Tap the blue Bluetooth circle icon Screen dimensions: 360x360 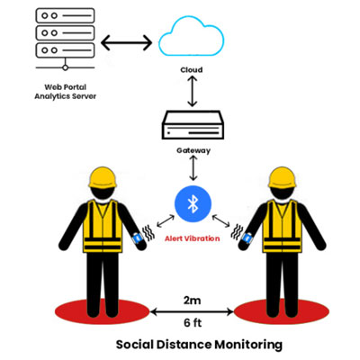pyautogui.click(x=193, y=204)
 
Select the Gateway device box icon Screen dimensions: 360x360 pyautogui.click(x=193, y=125)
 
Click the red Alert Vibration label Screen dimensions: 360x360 pyautogui.click(x=193, y=238)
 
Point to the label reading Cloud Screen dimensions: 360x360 pyautogui.click(x=192, y=70)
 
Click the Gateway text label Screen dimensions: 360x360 pyautogui.click(x=193, y=150)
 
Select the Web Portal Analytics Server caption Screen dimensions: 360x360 pyautogui.click(x=66, y=92)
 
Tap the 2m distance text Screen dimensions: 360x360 pyautogui.click(x=193, y=301)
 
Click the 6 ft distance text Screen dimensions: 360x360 pyautogui.click(x=193, y=323)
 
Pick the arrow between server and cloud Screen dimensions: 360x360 pyautogui.click(x=127, y=43)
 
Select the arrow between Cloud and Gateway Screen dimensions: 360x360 pyautogui.click(x=192, y=91)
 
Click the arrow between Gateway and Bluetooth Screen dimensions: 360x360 pyautogui.click(x=193, y=168)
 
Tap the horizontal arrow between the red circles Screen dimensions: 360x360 pyautogui.click(x=192, y=312)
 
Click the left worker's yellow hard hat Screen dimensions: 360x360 pyautogui.click(x=102, y=177)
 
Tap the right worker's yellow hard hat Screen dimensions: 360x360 pyautogui.click(x=282, y=177)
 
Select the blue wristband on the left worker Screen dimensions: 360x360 pyautogui.click(x=138, y=238)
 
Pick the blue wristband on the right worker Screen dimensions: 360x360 pyautogui.click(x=247, y=238)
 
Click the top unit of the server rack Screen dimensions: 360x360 pyautogui.click(x=66, y=15)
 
